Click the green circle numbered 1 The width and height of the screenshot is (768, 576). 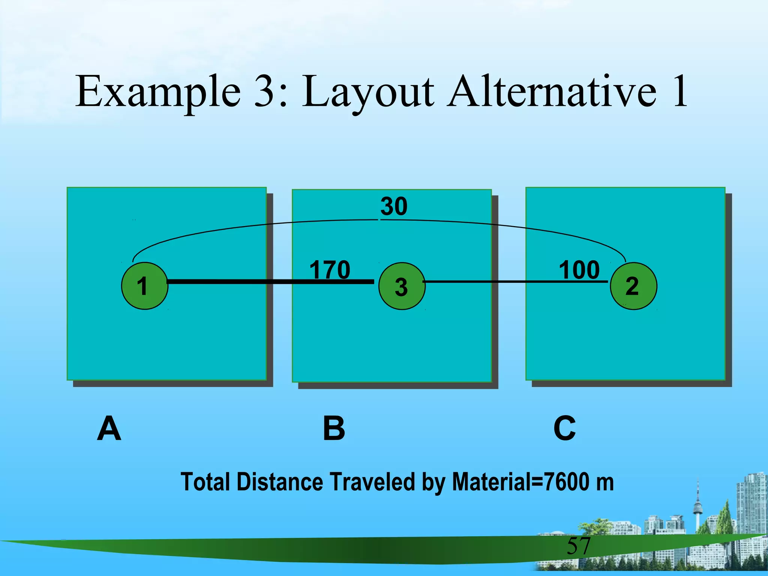(145, 286)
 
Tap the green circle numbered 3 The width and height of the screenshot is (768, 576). (402, 286)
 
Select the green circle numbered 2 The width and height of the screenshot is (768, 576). (633, 286)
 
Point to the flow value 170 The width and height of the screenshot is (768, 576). (330, 270)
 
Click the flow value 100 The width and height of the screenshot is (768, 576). (579, 270)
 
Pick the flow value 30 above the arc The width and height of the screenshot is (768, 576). (394, 206)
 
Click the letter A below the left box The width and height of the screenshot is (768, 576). (109, 428)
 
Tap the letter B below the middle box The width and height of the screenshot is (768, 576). (334, 428)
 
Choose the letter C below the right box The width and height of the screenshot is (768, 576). (564, 428)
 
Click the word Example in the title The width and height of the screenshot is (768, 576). (158, 92)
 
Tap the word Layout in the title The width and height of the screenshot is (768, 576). (367, 92)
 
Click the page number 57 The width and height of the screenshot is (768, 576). (578, 546)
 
